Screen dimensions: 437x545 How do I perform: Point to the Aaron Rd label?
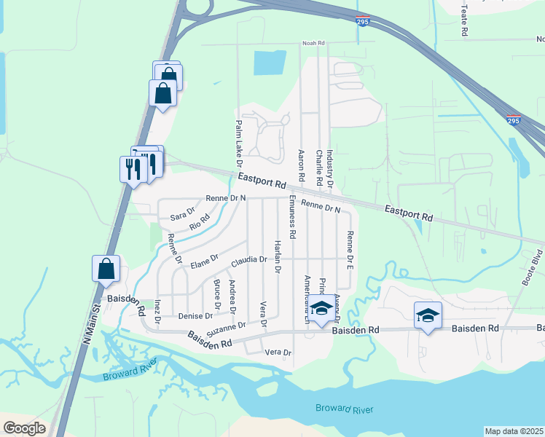[301, 165]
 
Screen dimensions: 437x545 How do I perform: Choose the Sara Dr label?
[183, 214]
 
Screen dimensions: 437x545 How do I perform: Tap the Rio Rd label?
[200, 221]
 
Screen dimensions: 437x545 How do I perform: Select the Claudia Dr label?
[250, 260]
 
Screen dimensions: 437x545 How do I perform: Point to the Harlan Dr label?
[277, 256]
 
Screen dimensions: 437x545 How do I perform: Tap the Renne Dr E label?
[350, 251]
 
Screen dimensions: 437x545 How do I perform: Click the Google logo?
[25, 428]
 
